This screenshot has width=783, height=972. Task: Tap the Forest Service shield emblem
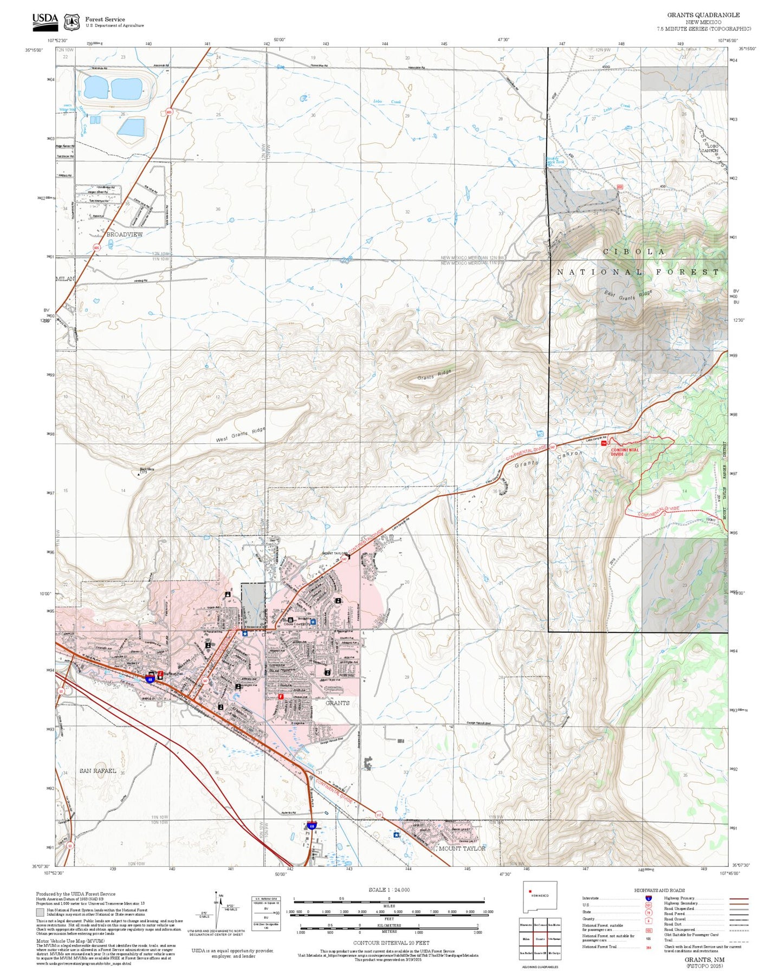pyautogui.click(x=72, y=22)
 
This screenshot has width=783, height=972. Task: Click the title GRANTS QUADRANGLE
pyautogui.click(x=703, y=15)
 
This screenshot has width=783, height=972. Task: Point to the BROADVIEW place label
pyautogui.click(x=124, y=235)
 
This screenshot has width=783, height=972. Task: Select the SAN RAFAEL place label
pyautogui.click(x=98, y=770)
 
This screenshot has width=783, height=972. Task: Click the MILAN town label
pyautogui.click(x=64, y=278)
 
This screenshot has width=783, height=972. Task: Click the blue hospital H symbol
pyautogui.click(x=313, y=621)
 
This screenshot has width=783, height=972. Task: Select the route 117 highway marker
pyautogui.click(x=379, y=814)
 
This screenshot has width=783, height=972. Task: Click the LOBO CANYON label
pyautogui.click(x=711, y=148)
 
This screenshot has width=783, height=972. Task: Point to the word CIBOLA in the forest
pyautogui.click(x=633, y=252)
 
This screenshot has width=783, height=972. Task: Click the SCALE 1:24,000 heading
pyautogui.click(x=389, y=890)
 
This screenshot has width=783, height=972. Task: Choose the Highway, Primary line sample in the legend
pyautogui.click(x=739, y=898)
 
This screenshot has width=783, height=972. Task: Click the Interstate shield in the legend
pyautogui.click(x=648, y=898)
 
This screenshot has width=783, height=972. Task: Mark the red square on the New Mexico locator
pyautogui.click(x=530, y=906)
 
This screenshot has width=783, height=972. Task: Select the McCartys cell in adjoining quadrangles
pyautogui.click(x=554, y=953)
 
